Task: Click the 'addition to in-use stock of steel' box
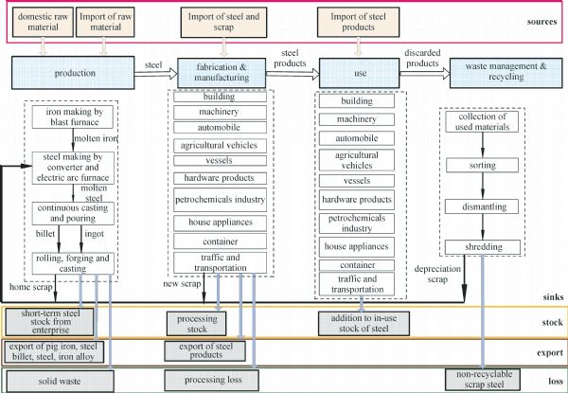pos(363,323)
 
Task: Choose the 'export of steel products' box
pos(209,351)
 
